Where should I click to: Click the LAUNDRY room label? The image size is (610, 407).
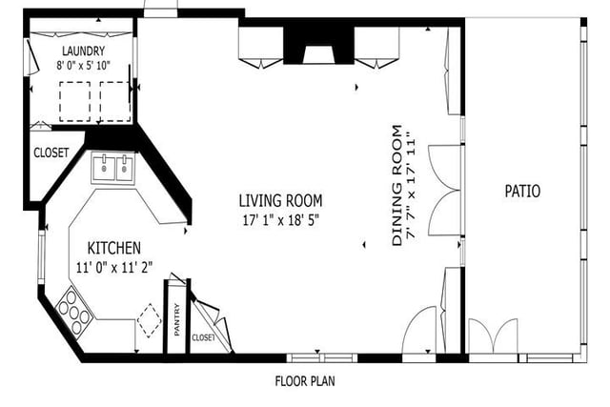coord(83,51)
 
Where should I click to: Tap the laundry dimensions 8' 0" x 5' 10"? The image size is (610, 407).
coord(83,65)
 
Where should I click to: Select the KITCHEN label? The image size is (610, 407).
coord(114,248)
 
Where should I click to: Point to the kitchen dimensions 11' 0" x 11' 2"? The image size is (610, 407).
coord(114,267)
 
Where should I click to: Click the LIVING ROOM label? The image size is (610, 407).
coord(280,201)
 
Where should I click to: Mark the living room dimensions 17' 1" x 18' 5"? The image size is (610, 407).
coord(280,220)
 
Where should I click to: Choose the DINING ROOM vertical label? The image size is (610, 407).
coord(396,185)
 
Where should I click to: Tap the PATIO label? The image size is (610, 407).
coord(522,191)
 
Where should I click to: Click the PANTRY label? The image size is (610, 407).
coord(177,319)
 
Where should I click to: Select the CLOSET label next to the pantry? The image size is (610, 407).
coord(203,337)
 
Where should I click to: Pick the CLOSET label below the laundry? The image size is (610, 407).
coord(51,153)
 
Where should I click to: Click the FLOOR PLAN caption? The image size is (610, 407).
coord(305,381)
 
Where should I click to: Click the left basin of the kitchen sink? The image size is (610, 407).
coord(104,168)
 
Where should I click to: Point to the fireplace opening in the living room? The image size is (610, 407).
coord(318,55)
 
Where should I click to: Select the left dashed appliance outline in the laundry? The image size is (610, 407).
coord(75,102)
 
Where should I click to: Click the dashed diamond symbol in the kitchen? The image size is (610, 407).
coord(149,320)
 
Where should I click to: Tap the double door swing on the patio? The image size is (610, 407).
coord(494,336)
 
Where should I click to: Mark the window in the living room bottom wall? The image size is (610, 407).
coord(322,358)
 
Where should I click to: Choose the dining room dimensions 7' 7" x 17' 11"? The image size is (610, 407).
coord(411,185)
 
